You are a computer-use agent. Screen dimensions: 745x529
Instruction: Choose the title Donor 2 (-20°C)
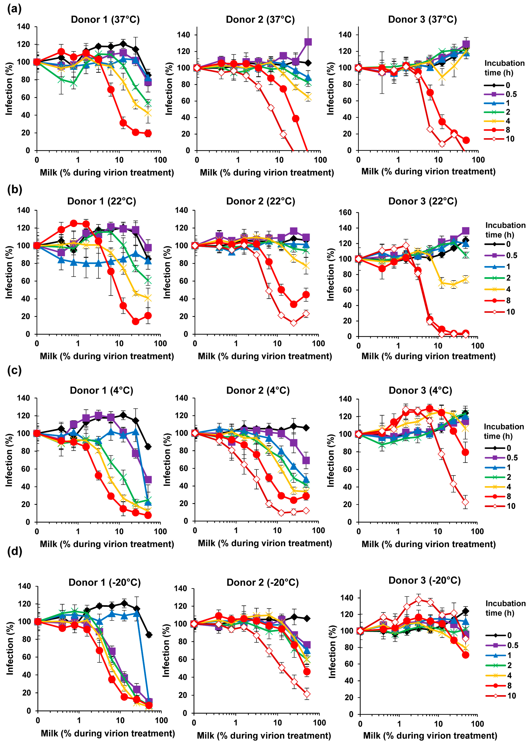tap(263, 582)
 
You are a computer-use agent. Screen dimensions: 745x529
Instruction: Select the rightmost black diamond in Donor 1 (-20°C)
tap(149, 635)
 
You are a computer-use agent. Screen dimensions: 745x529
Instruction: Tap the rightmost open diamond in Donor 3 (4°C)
tap(465, 502)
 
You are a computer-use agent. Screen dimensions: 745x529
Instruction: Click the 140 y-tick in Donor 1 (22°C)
tap(24, 210)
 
